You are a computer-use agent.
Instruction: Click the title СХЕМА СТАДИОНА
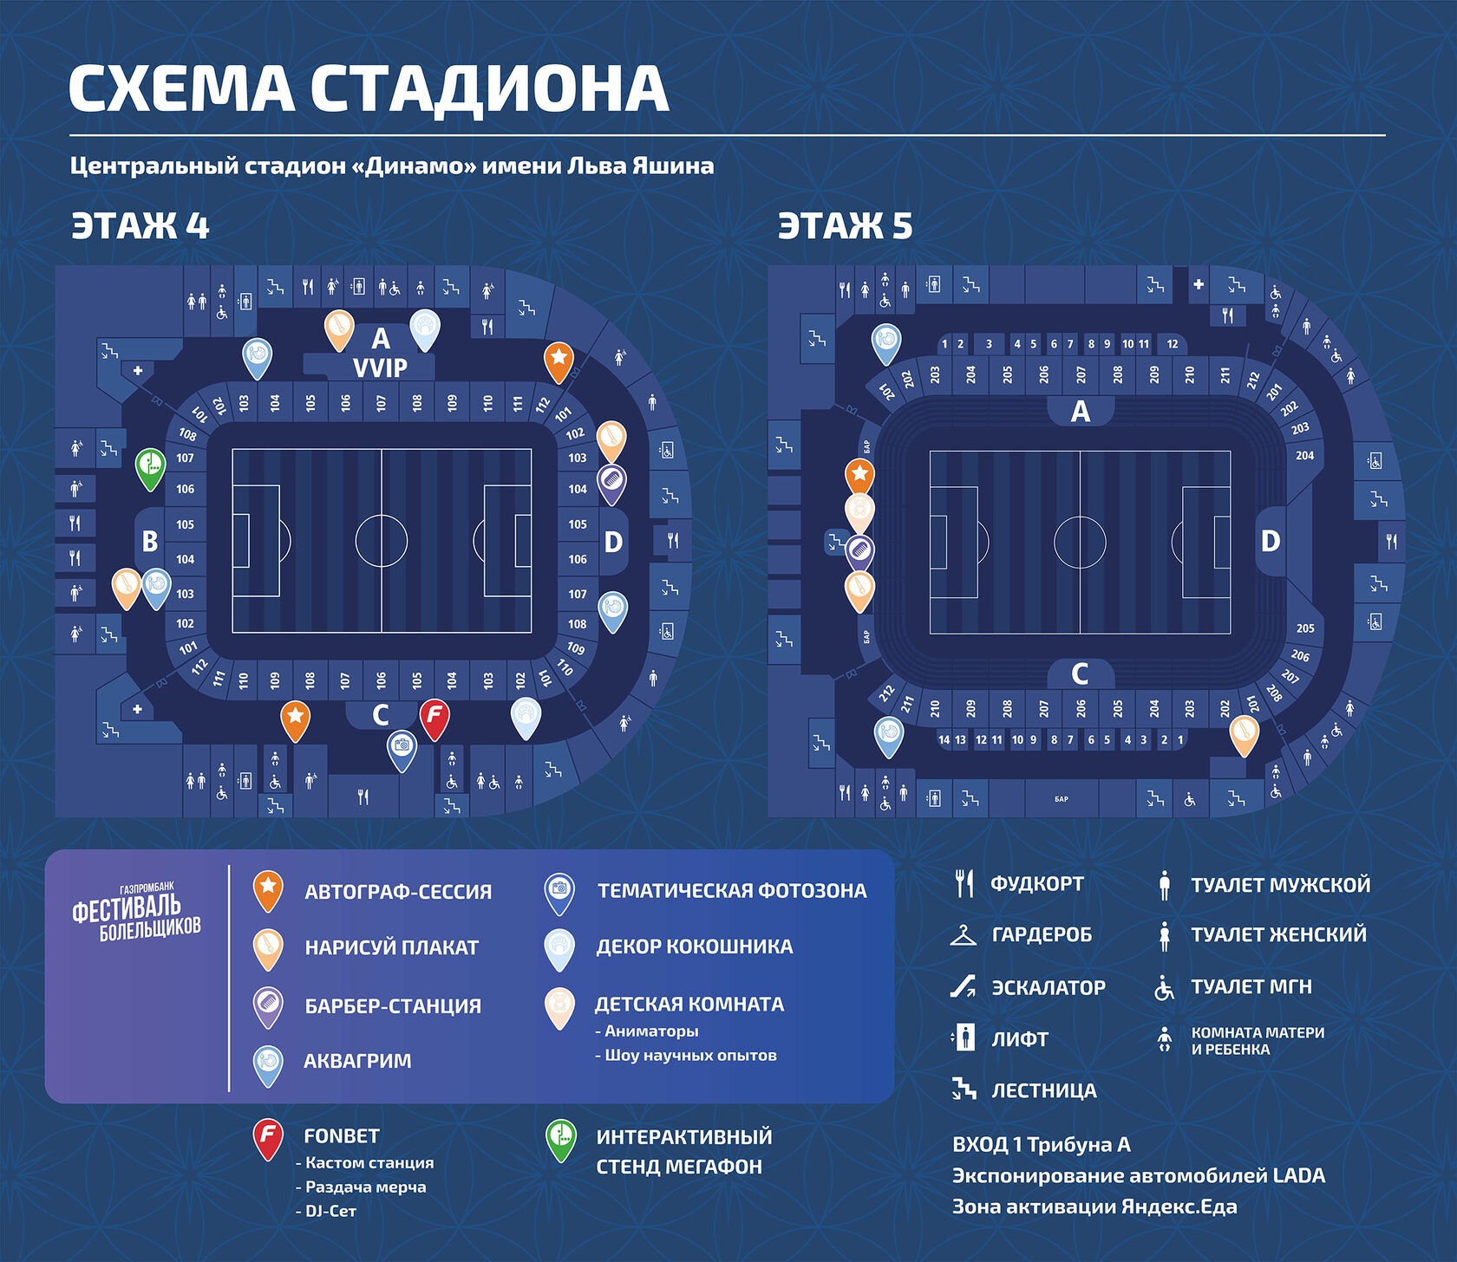[x=369, y=88]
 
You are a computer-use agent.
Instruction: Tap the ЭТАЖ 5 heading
[x=845, y=225]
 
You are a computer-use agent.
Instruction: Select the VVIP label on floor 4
[x=380, y=368]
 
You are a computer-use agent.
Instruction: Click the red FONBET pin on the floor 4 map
[x=434, y=718]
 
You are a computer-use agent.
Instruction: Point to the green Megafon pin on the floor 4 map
[x=151, y=466]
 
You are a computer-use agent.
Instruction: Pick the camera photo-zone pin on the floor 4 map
[x=401, y=747]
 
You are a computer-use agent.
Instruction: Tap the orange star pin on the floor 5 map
[x=859, y=475]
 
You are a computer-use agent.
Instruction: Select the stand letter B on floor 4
[x=150, y=542]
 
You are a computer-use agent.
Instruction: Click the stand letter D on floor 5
[x=1271, y=541]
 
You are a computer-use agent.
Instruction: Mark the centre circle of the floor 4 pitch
[x=382, y=541]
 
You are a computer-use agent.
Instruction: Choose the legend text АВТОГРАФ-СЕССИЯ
[x=398, y=892]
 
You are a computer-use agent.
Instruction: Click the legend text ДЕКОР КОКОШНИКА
[x=694, y=946]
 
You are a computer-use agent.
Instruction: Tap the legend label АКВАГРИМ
[x=357, y=1061]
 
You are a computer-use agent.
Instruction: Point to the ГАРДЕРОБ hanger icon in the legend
[x=963, y=935]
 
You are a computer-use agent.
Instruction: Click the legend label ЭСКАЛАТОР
[x=1048, y=987]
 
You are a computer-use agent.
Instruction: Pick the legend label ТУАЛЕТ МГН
[x=1251, y=986]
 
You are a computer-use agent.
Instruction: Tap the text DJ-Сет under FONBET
[x=330, y=1211]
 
